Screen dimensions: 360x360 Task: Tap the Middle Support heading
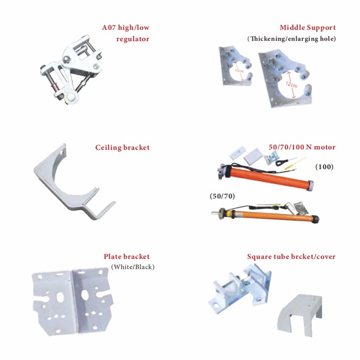[307, 28]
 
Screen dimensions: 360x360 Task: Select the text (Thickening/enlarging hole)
[291, 39]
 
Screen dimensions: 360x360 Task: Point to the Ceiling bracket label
[122, 148]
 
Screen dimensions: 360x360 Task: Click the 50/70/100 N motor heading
[302, 147]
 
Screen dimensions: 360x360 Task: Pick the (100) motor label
[324, 166]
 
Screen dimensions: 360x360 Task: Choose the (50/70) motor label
[222, 196]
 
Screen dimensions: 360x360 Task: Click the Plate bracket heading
[126, 257]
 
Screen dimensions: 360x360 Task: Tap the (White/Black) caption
[132, 267]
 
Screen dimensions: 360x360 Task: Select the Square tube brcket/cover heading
[291, 257]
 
